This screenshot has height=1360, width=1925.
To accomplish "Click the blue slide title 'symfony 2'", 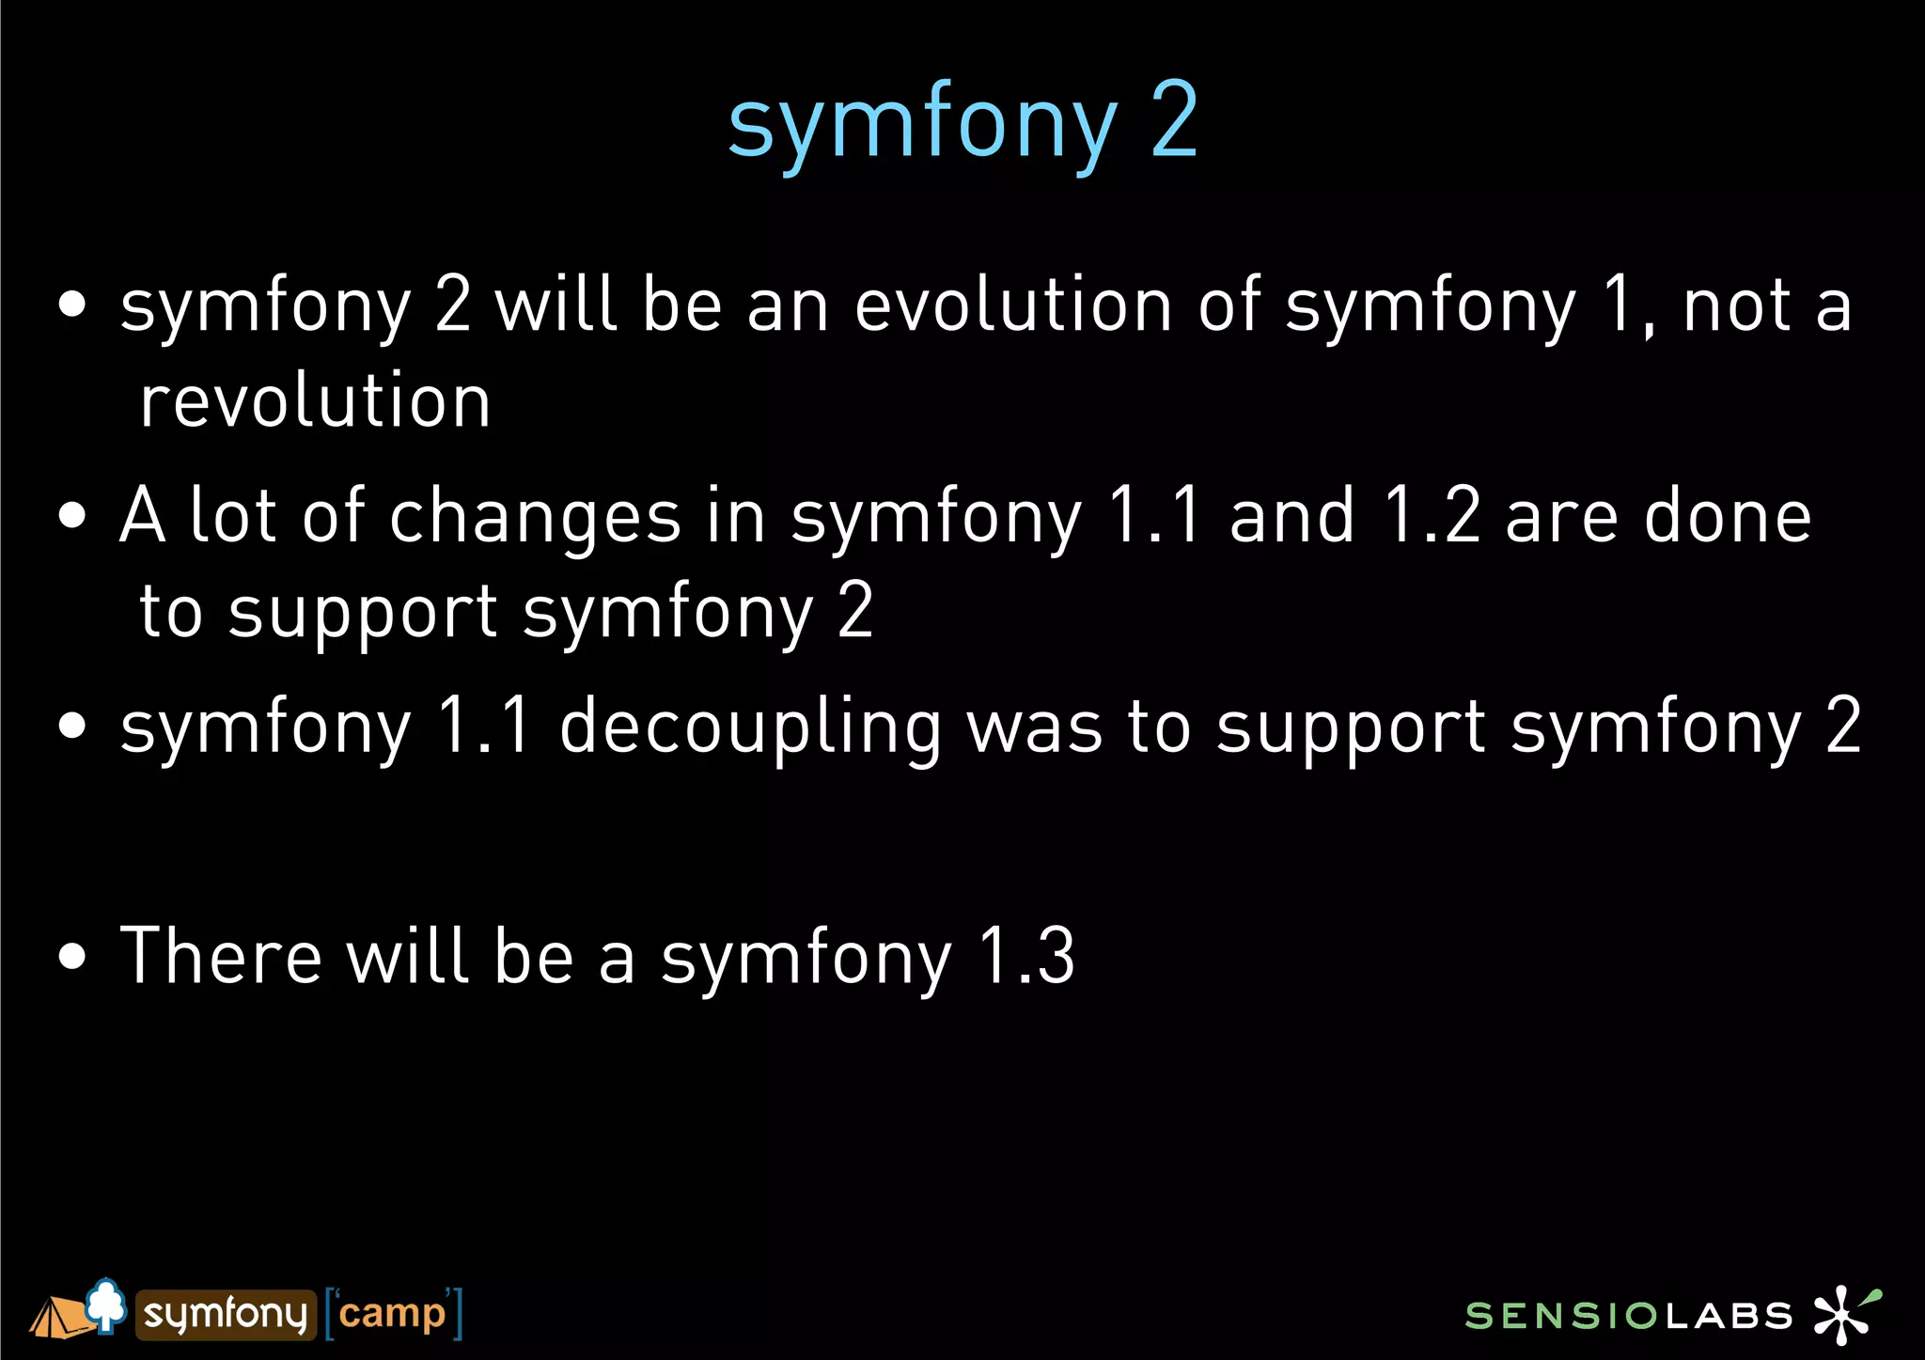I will [x=962, y=122].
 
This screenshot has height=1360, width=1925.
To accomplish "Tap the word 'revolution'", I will [x=315, y=401].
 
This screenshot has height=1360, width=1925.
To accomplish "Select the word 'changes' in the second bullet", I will [x=535, y=517].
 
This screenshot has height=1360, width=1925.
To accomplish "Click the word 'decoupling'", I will [x=750, y=727].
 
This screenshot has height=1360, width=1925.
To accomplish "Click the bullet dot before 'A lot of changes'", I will [x=72, y=516].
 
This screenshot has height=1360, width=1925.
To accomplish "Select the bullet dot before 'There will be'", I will [x=72, y=957].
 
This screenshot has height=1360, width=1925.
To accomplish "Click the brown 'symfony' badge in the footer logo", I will [x=226, y=1314].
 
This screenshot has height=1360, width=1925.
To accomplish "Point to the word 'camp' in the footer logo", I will [x=392, y=1314].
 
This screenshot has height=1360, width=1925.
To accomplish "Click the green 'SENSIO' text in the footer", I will [x=1561, y=1316].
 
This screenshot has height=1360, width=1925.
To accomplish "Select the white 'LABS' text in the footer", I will [x=1729, y=1316].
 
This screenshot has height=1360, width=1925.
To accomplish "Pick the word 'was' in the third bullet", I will [x=1034, y=727].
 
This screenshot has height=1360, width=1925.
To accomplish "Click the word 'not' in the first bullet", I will [x=1737, y=305].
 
